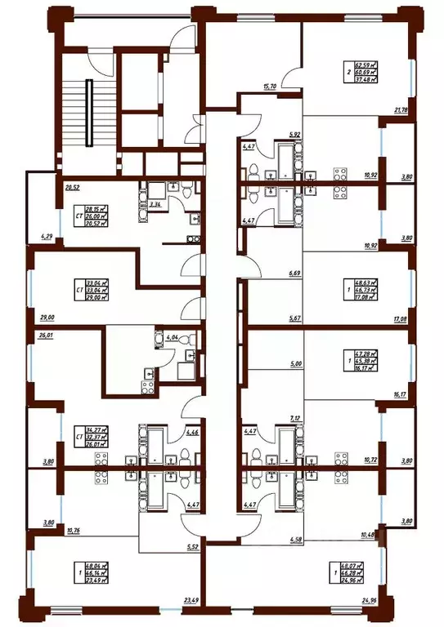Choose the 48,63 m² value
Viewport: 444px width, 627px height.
pos(366,279)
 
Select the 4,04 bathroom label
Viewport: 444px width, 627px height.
pos(172,336)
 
